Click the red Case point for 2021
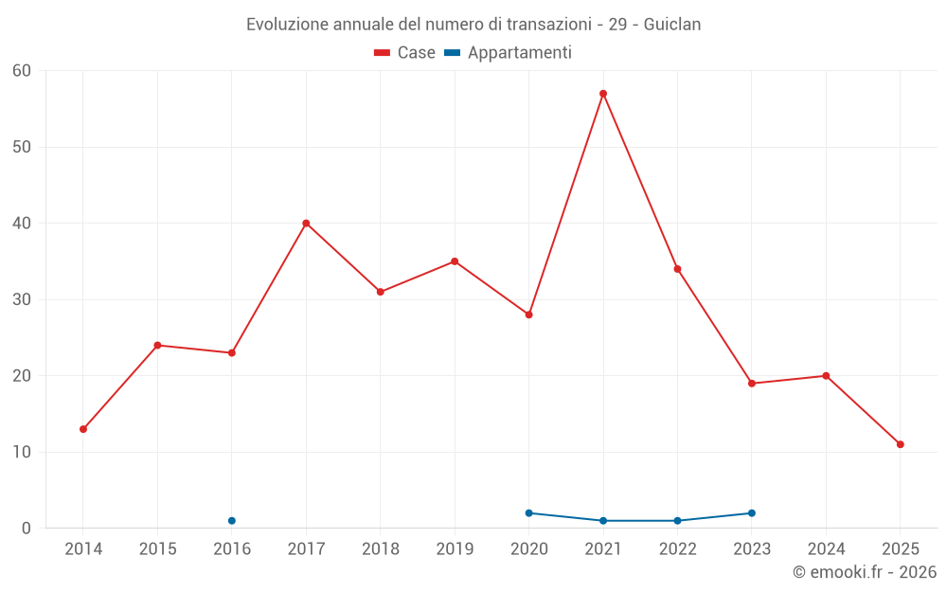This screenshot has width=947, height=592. (603, 94)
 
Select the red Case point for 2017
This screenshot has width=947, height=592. (306, 224)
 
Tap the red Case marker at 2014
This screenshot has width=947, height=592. (83, 429)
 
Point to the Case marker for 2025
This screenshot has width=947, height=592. (901, 444)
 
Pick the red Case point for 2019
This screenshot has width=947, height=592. (455, 261)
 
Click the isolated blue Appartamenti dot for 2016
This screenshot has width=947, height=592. (232, 521)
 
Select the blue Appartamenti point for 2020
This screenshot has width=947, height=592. (528, 513)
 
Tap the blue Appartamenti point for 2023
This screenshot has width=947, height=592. (752, 513)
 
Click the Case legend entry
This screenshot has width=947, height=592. (405, 53)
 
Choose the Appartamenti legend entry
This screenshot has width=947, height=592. (509, 53)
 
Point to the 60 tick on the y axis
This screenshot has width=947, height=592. (22, 71)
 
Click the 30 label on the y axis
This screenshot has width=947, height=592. (22, 299)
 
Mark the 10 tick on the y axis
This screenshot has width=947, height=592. (22, 452)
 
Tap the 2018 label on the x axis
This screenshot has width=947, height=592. (381, 549)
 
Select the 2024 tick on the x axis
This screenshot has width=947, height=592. (826, 549)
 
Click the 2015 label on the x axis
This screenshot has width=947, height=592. (157, 549)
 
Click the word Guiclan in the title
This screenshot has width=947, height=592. (672, 25)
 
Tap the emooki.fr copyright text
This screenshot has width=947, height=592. (865, 572)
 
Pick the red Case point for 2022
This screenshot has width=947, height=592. (677, 269)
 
